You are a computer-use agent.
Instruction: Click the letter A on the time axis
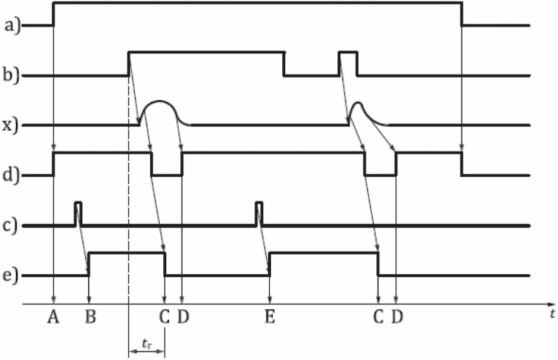pyautogui.click(x=54, y=317)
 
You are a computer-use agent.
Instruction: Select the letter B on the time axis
pyautogui.click(x=89, y=317)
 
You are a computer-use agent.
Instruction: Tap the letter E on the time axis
pyautogui.click(x=270, y=317)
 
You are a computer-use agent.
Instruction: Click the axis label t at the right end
pyautogui.click(x=550, y=314)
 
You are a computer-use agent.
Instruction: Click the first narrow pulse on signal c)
pyautogui.click(x=79, y=212)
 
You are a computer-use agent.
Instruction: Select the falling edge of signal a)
pyautogui.click(x=461, y=15)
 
